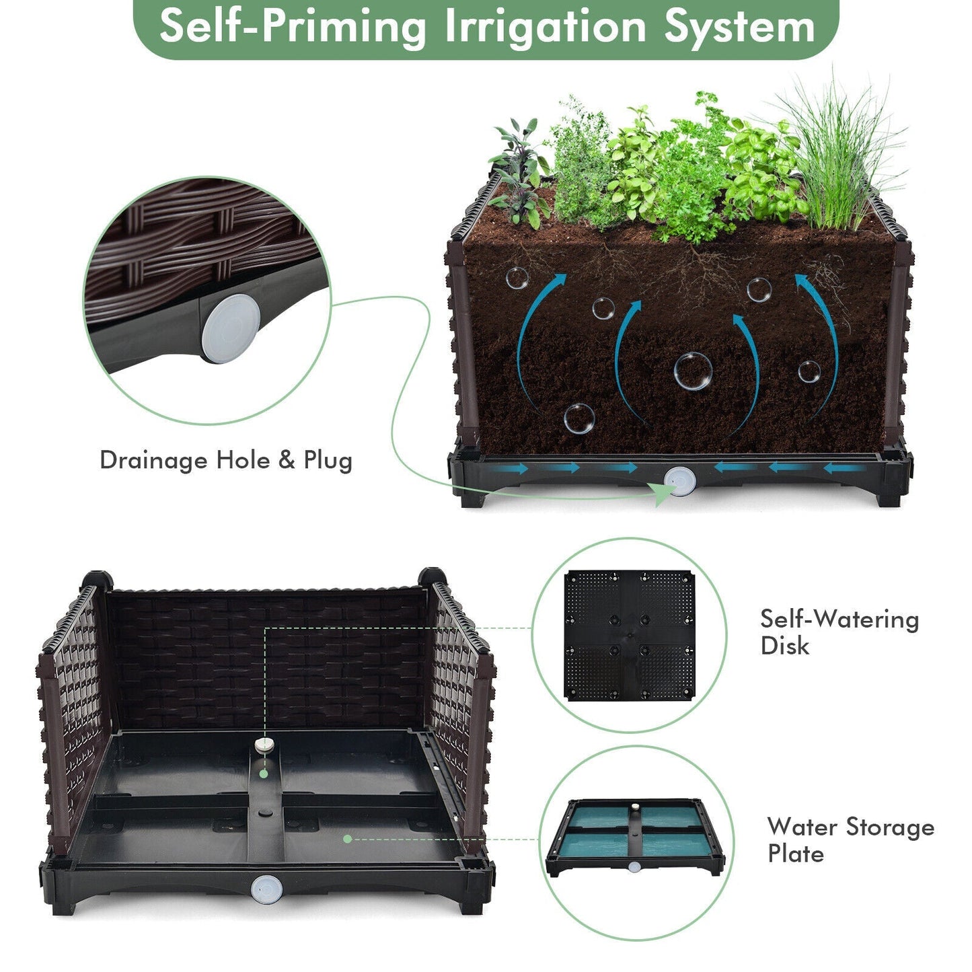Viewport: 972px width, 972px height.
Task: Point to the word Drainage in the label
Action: (153, 460)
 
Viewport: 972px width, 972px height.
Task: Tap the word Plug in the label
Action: (328, 461)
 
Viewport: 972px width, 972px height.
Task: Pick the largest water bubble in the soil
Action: (692, 371)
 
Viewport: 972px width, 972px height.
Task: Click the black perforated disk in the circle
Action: (629, 636)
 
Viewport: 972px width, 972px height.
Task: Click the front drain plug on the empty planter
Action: (264, 889)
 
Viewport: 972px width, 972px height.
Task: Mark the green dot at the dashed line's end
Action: (347, 839)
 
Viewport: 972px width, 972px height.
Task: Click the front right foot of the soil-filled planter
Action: (889, 497)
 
